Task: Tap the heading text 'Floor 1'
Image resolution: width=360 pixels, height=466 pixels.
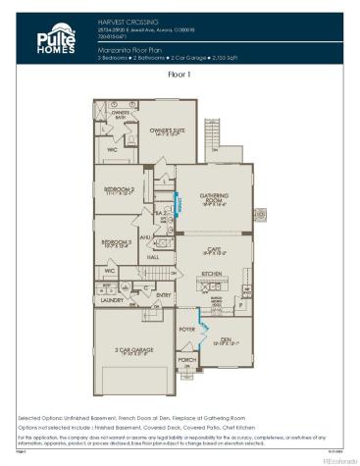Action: pos(180,74)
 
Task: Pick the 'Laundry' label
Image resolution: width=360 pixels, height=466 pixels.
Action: pos(110,300)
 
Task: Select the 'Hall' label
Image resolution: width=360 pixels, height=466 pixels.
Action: pos(153,257)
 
